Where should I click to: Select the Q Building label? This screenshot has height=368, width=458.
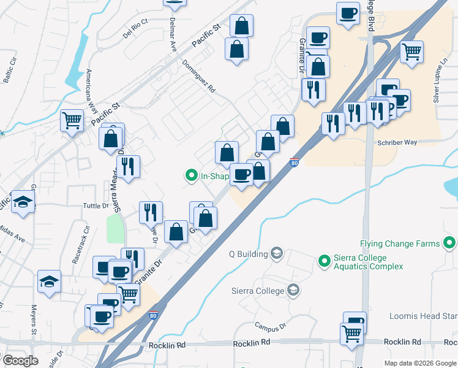coord(248,254)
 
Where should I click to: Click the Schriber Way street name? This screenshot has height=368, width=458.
coord(398,142)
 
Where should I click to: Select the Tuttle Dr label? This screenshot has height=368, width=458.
coord(96,206)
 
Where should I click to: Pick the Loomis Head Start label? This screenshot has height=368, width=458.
coord(422,316)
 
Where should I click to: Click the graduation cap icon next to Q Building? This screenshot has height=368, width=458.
coord(277,254)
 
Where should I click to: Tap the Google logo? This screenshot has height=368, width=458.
coord(20,361)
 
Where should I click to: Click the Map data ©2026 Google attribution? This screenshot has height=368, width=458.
coord(419,363)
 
